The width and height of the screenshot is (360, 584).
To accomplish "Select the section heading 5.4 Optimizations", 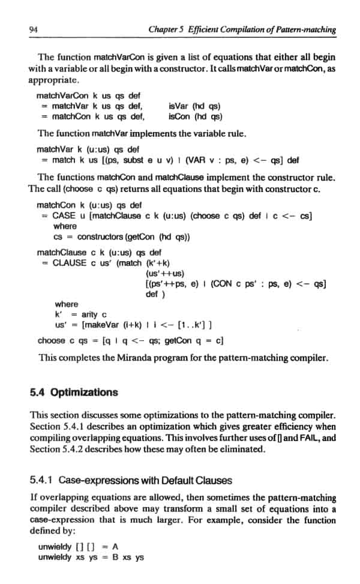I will pos(74,393).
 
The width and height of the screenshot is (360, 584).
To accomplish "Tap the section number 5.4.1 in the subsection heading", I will pos(41,463).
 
